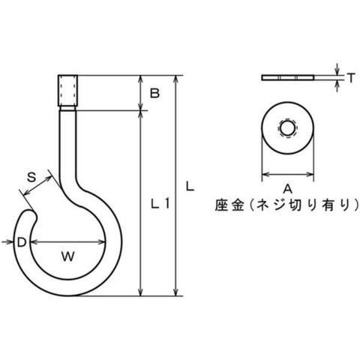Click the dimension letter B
coord(154,93)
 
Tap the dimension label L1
coord(160,203)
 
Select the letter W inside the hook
coord(68,256)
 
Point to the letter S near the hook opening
coord(31,177)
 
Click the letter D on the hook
coord(22,242)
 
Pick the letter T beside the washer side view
coord(351,78)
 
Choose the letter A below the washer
coord(287,188)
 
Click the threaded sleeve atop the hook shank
coord(67,91)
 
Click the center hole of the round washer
coord(287,129)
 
